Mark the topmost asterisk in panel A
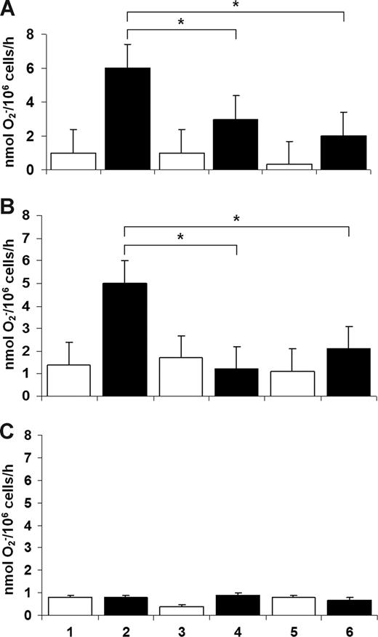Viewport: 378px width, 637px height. [236, 6]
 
